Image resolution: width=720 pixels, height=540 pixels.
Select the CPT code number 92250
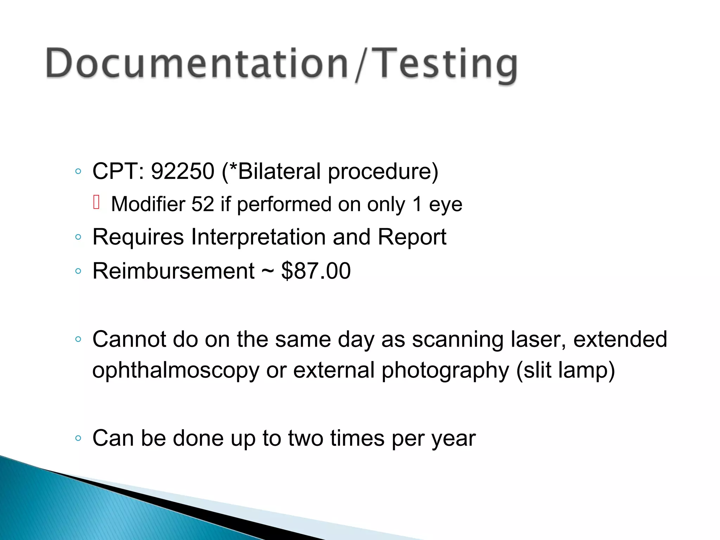[x=182, y=171]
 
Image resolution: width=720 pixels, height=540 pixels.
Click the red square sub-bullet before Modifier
[x=97, y=202]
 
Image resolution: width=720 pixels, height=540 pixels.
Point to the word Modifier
[x=148, y=204]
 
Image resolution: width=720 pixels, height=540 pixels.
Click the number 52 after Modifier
[x=202, y=204]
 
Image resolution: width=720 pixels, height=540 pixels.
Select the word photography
[x=445, y=370]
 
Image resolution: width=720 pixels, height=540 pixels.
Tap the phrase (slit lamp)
[x=565, y=370]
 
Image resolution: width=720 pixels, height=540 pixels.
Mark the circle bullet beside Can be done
[x=78, y=438]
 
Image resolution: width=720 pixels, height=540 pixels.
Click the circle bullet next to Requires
[x=78, y=237]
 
